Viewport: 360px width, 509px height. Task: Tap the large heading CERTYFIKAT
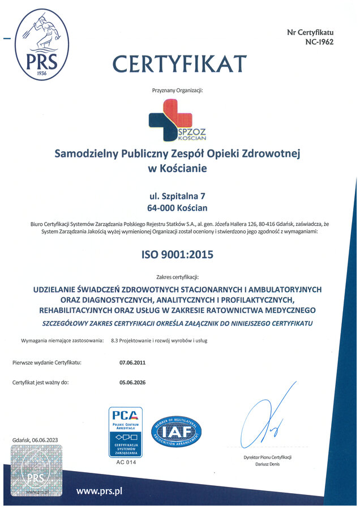179,63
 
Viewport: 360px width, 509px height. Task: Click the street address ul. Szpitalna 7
177,196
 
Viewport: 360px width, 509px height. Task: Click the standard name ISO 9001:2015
177,255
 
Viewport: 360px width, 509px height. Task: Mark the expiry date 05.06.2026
132,383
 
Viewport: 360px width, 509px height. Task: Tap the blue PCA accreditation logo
126,431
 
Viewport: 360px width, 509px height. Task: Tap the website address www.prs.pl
99,491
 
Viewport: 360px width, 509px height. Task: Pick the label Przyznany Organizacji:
177,91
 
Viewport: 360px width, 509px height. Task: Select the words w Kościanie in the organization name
177,168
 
